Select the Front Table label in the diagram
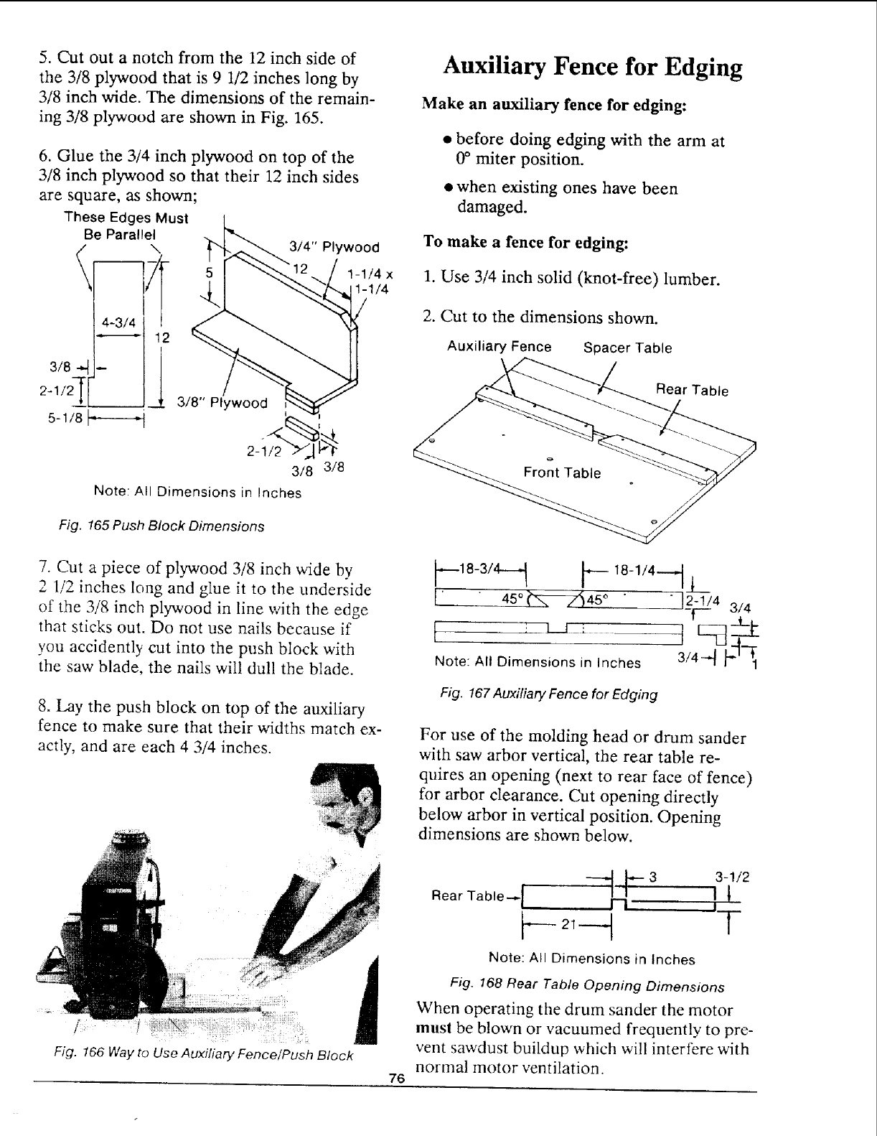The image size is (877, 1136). coord(562,472)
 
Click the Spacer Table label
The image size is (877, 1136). coord(627,348)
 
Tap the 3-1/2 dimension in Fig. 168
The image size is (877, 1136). coord(733,877)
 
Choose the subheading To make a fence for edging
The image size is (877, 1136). coord(526,241)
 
